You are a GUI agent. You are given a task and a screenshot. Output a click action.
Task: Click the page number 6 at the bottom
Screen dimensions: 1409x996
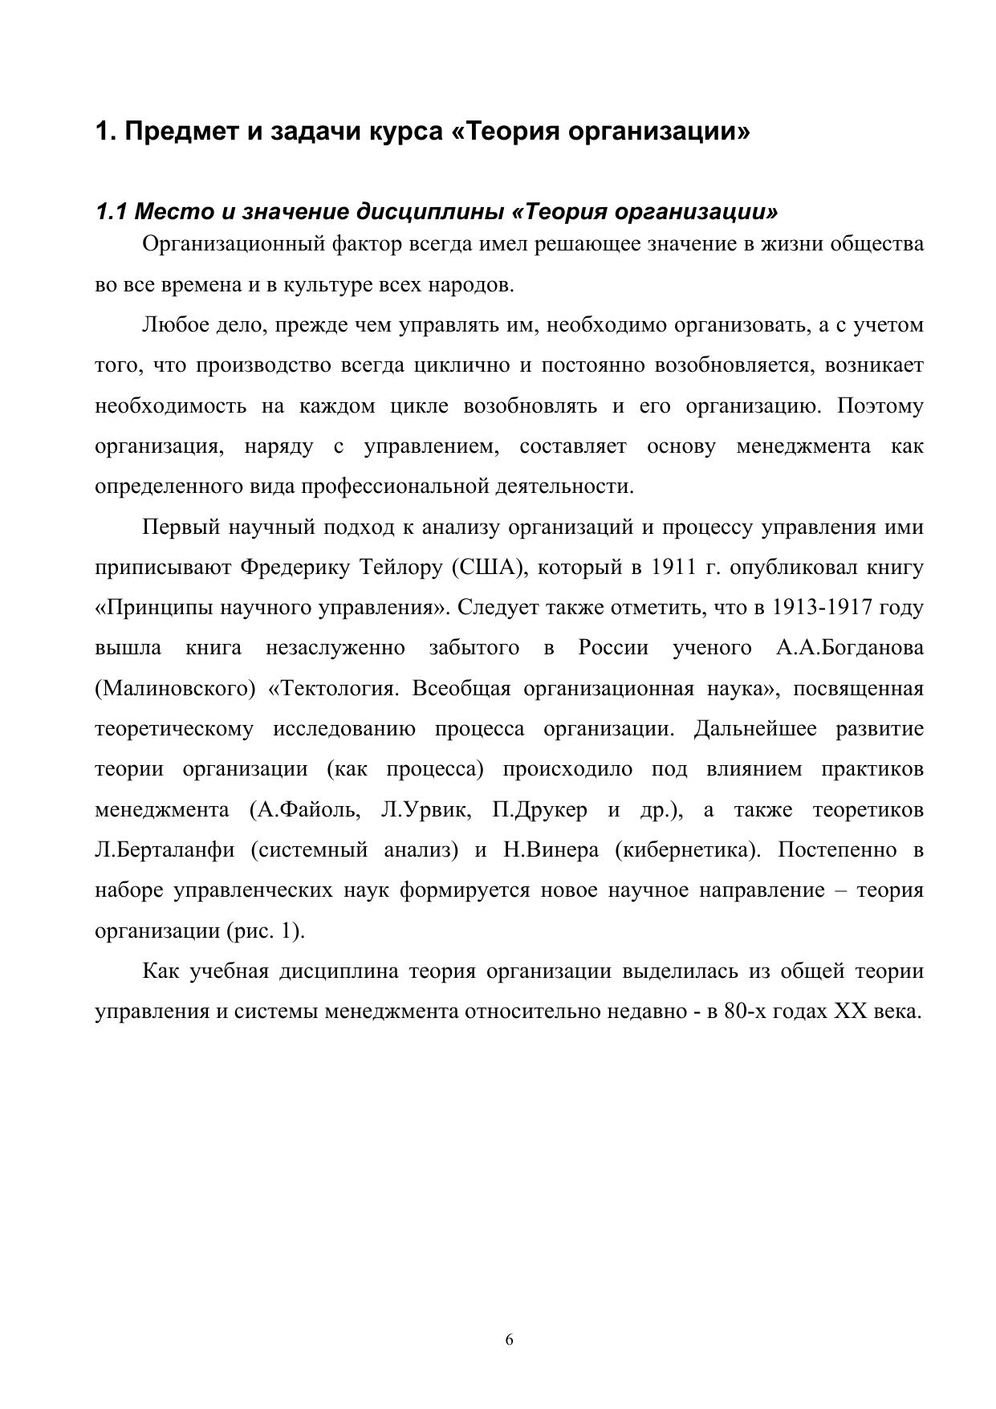point(510,1339)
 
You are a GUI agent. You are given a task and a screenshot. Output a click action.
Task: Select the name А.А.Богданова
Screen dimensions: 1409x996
point(849,648)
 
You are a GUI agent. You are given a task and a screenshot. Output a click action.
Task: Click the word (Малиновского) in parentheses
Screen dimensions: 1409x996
point(170,689)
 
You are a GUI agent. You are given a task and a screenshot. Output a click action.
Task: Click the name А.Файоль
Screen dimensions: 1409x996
point(304,810)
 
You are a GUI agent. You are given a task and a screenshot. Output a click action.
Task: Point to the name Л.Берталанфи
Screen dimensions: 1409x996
point(165,850)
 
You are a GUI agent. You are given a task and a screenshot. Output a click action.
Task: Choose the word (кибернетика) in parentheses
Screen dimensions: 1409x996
point(688,850)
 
